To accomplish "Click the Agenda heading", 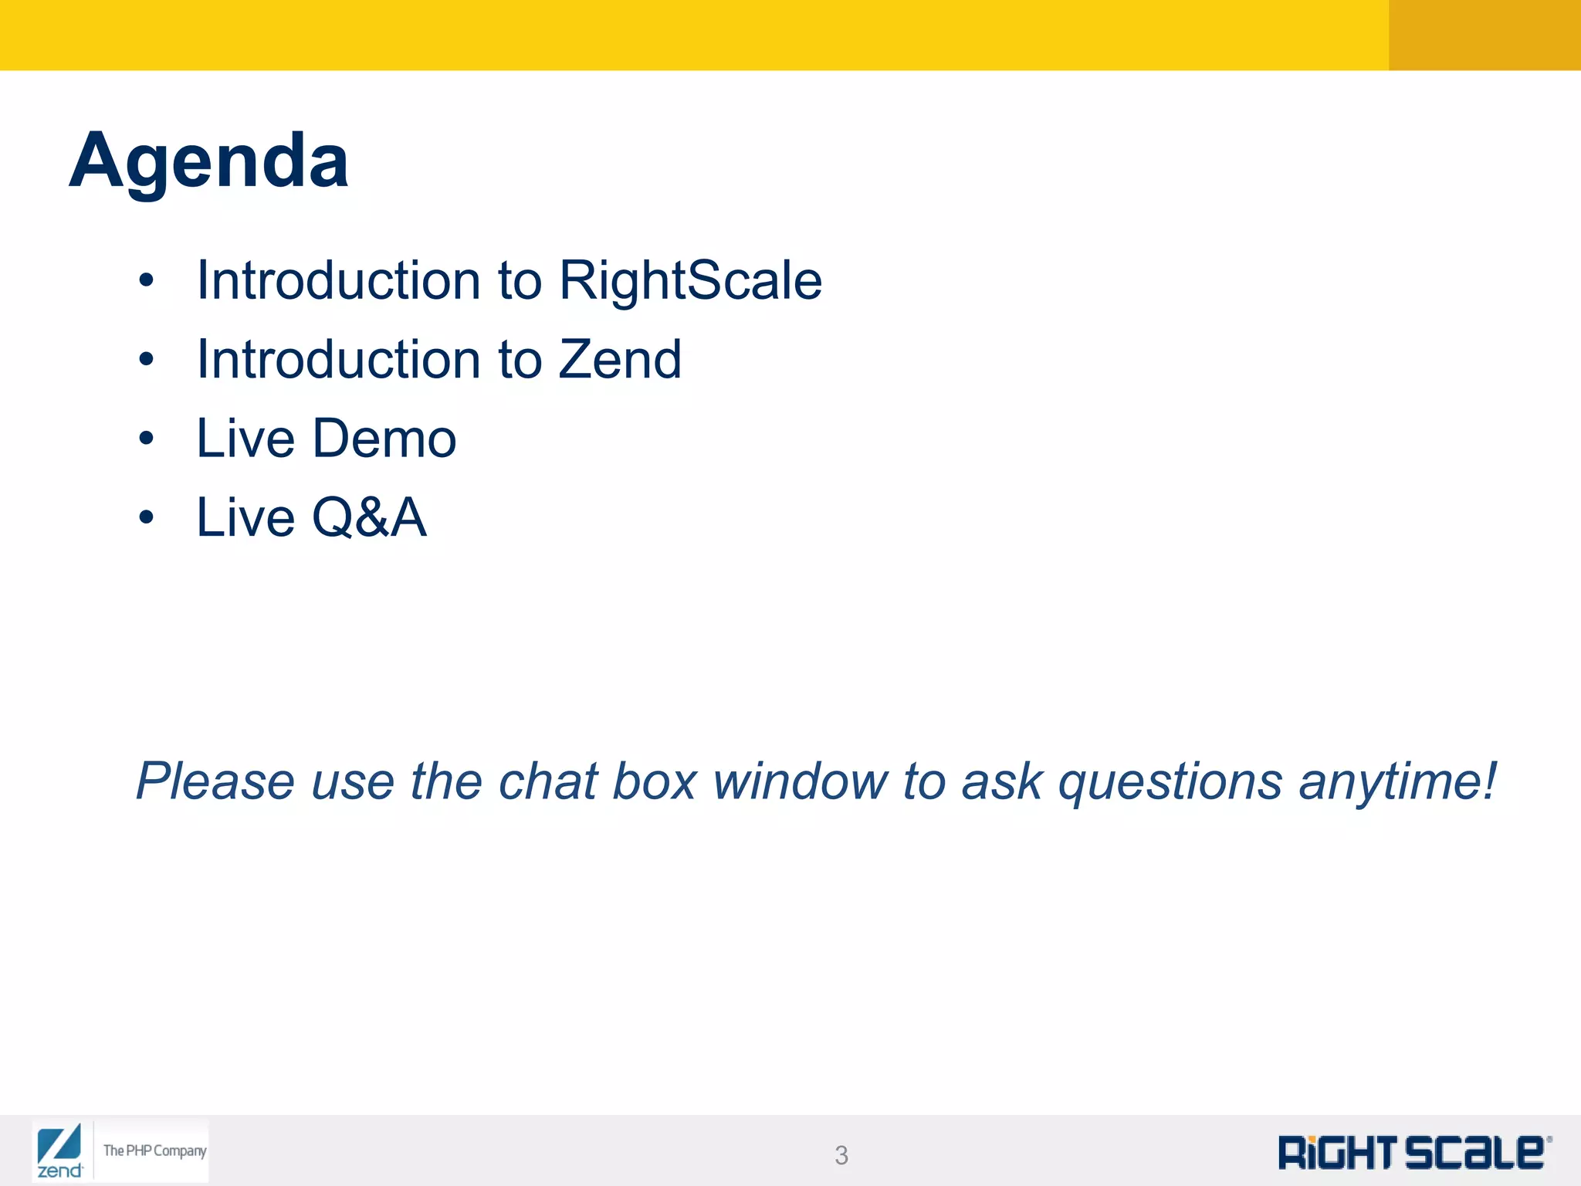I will point(208,161).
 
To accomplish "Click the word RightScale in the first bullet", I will point(690,280).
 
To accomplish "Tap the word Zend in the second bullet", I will point(619,360).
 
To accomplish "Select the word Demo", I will point(384,439).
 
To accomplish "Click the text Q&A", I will point(368,517).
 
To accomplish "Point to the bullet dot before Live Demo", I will point(147,439).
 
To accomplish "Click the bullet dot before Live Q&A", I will point(147,518).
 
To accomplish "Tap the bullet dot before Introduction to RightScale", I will point(147,281).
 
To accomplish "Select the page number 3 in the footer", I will point(841,1155).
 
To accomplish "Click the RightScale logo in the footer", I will point(1413,1153).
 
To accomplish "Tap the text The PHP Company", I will point(154,1150).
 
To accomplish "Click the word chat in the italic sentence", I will point(547,781).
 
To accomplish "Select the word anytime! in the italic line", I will point(1397,781).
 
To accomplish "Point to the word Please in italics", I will point(215,781).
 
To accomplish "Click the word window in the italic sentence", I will point(800,781).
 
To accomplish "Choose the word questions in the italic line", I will point(1170,781).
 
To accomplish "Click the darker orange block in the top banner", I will point(1484,35).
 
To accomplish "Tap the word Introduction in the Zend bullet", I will point(338,360).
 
